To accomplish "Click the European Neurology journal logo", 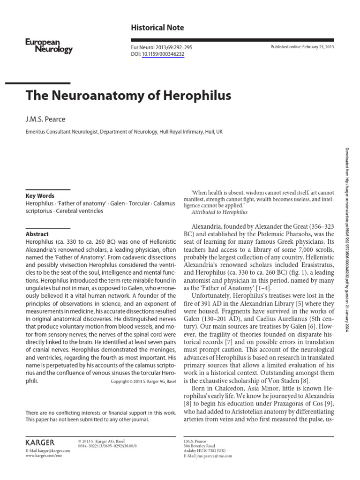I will [x=49, y=46].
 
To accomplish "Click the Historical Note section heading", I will [x=157, y=28].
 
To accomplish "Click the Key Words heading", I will [x=40, y=196].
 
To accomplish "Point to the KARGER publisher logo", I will [x=40, y=442].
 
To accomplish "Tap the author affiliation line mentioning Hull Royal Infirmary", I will [x=124, y=132].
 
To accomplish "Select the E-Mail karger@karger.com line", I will [x=48, y=450].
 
